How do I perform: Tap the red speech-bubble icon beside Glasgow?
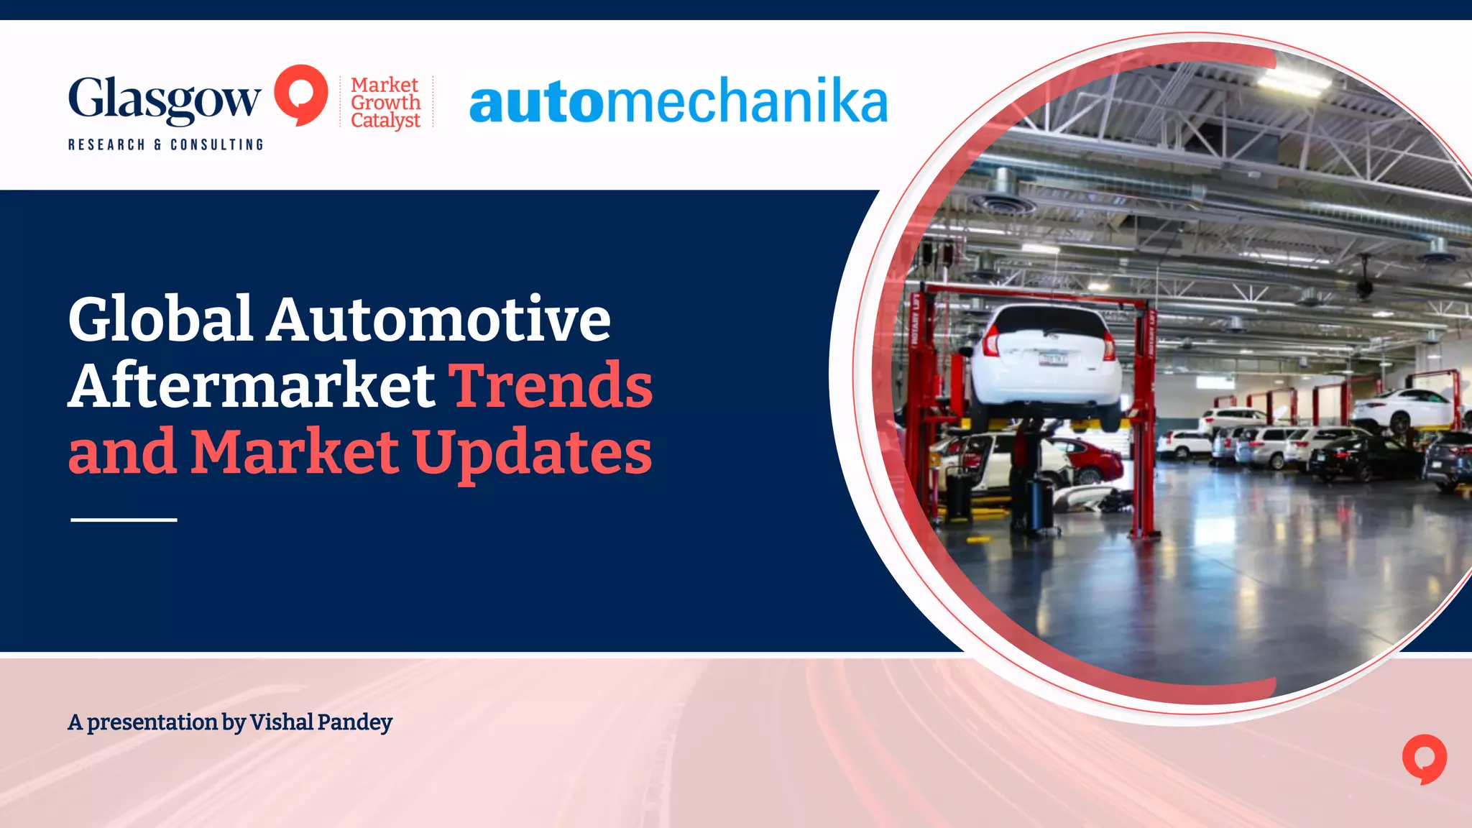[x=300, y=94]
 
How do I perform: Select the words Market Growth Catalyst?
[x=385, y=103]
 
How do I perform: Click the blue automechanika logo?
[x=678, y=101]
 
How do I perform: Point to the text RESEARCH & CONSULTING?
[x=165, y=144]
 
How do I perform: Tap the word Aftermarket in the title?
[x=252, y=385]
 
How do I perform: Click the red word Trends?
[x=551, y=385]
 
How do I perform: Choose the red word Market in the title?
[x=295, y=451]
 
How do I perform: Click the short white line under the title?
[x=124, y=519]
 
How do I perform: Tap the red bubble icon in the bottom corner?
[x=1424, y=758]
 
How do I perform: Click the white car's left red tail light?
[x=991, y=341]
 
